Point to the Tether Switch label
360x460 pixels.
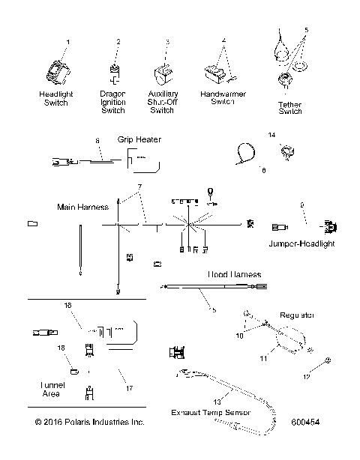290,107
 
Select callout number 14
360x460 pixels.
272,136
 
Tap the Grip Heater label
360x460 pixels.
139,139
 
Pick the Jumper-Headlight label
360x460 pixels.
301,243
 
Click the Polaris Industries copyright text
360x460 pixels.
89,423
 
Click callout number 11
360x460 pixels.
264,360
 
